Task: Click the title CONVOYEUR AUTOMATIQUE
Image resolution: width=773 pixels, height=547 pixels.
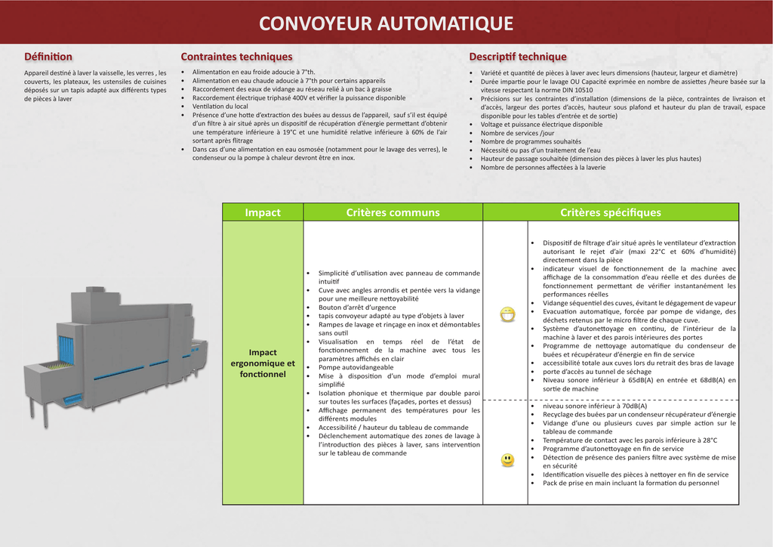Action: tap(386, 23)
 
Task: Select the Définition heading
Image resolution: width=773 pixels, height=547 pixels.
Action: tap(48, 57)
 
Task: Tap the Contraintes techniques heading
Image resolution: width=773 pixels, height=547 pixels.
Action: tap(236, 57)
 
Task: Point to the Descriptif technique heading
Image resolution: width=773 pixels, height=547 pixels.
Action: tap(517, 57)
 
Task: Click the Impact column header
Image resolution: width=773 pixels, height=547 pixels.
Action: tap(263, 212)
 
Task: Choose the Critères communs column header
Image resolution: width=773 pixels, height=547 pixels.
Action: tap(393, 212)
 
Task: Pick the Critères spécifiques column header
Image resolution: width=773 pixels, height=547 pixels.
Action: tap(610, 212)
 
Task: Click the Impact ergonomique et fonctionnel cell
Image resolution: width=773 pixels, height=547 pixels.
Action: tap(263, 363)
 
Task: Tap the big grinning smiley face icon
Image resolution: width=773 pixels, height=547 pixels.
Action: tap(507, 314)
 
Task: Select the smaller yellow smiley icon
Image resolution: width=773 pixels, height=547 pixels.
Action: tap(507, 459)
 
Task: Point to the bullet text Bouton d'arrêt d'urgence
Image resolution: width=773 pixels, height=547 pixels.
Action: tap(357, 307)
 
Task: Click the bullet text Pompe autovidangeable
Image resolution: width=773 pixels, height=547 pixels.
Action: tap(356, 367)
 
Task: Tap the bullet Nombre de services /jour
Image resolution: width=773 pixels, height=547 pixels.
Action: tap(517, 133)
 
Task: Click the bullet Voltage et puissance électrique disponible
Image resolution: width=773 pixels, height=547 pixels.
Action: tap(541, 125)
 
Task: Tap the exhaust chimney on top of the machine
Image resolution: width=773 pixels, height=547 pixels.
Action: tap(95, 291)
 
